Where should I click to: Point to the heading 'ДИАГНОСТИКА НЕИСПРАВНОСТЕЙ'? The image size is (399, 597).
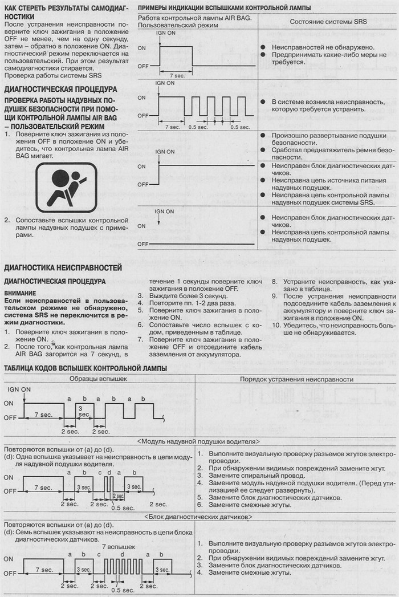coord(63,267)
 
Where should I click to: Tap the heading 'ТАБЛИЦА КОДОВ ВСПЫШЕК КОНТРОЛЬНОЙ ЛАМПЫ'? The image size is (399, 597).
coord(85,368)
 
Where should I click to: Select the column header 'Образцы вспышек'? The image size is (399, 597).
coord(98,379)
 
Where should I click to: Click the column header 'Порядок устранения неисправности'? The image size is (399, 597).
coord(296,379)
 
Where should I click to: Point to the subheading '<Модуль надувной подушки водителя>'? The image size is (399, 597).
coord(199,441)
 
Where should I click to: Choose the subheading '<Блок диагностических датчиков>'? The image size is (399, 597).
coord(199,517)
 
